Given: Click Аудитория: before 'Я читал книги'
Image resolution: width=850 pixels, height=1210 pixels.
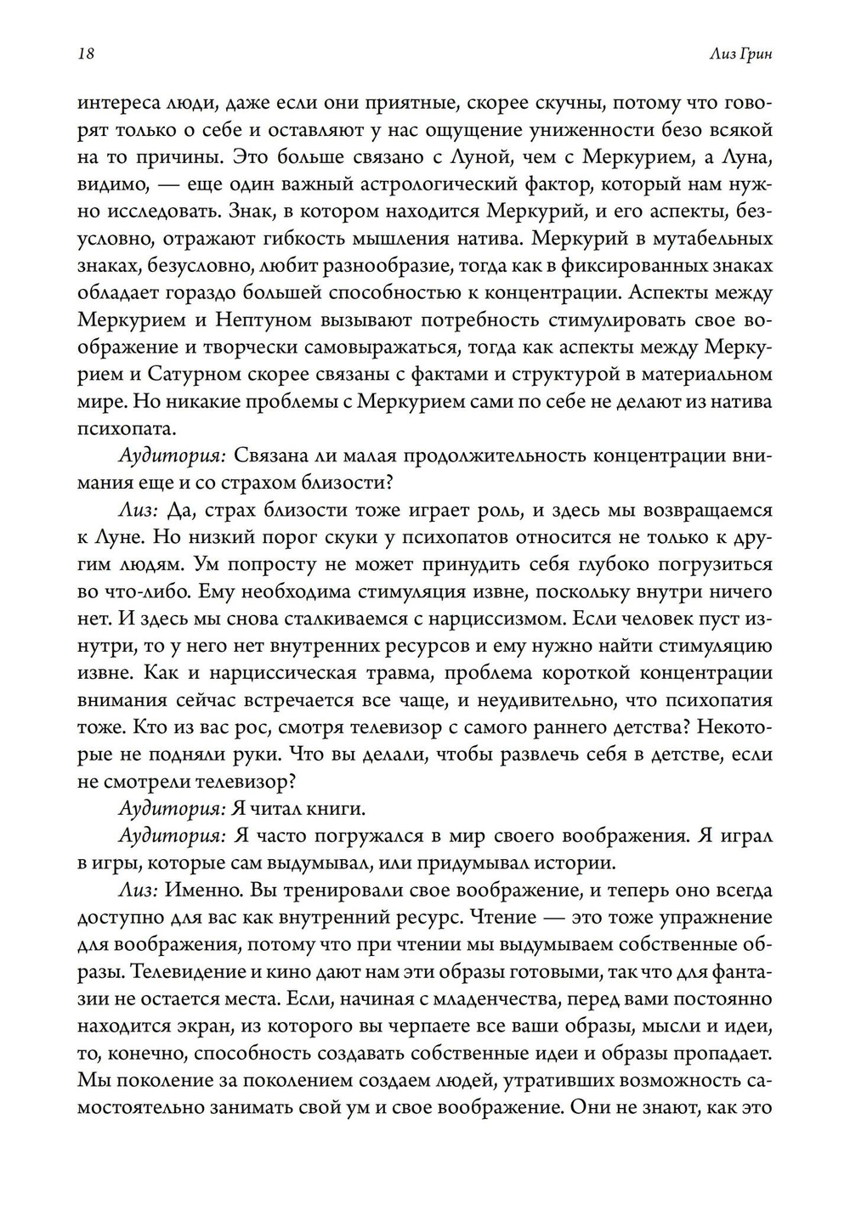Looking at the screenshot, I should pyautogui.click(x=171, y=808).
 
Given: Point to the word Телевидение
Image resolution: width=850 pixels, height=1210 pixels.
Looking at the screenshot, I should pyautogui.click(x=195, y=971).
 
